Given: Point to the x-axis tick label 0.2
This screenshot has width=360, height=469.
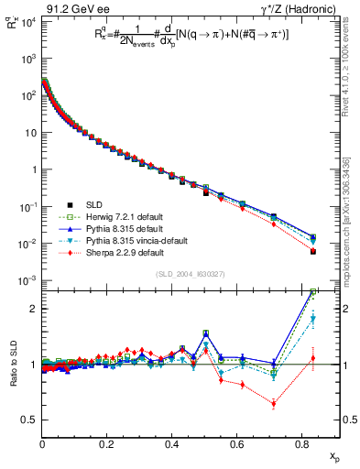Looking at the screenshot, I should click(107, 442).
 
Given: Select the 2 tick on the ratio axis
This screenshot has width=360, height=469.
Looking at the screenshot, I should click(34, 309).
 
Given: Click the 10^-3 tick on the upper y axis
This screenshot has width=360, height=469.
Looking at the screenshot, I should click(28, 280).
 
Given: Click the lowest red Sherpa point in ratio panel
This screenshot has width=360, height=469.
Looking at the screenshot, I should click(274, 404).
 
